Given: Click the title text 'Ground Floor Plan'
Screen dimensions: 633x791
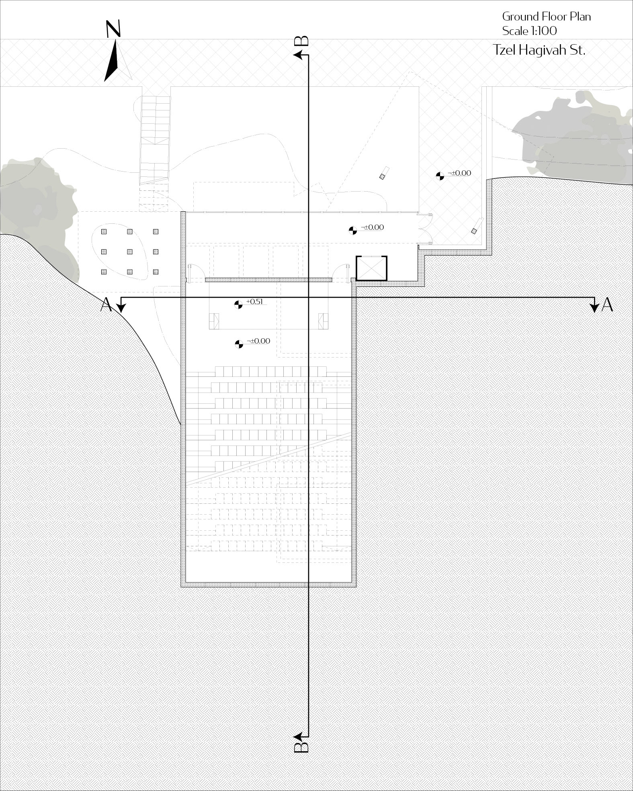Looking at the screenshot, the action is tap(546, 16).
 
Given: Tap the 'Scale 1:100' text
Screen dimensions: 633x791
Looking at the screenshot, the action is tap(529, 31).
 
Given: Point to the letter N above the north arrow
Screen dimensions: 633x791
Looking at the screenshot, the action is tap(113, 29).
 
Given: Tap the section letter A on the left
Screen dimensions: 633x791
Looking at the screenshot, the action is tap(106, 305).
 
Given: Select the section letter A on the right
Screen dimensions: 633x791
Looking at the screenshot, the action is tap(607, 305).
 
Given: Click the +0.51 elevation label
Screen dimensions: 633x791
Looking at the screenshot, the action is tap(254, 301).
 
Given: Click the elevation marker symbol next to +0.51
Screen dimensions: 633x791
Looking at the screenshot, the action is tap(238, 305).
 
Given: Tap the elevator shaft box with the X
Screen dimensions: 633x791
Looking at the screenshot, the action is tap(371, 268).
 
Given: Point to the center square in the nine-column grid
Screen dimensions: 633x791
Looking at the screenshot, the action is tap(130, 251).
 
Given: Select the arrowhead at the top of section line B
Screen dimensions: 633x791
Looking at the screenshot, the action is tap(299, 55).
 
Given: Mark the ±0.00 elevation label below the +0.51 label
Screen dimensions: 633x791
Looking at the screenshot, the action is tap(258, 341).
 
